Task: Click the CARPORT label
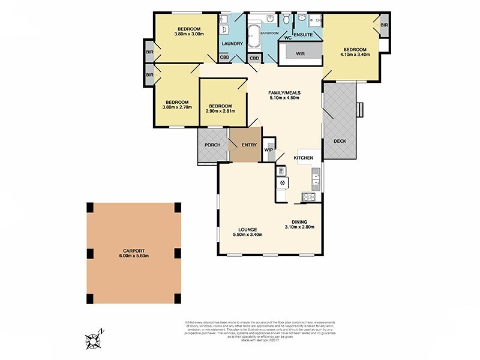coord(134,251)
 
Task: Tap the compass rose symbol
coord(94,340)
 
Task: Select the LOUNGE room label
coord(247,230)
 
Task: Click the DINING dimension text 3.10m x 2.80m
coord(299,227)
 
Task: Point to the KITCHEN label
coord(303,157)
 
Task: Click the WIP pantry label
coord(269,149)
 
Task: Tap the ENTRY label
coord(249,145)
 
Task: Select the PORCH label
coord(212,145)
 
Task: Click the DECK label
coord(340,141)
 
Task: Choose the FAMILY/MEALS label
coord(284,93)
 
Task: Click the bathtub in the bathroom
coord(254,37)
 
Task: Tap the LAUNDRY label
coord(232,44)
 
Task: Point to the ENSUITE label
coord(303,35)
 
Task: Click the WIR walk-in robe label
coord(301,53)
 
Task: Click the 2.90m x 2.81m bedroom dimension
coord(220,111)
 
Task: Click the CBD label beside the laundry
coord(224,58)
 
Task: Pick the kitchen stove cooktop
coord(310,196)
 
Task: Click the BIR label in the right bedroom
coord(384,25)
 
